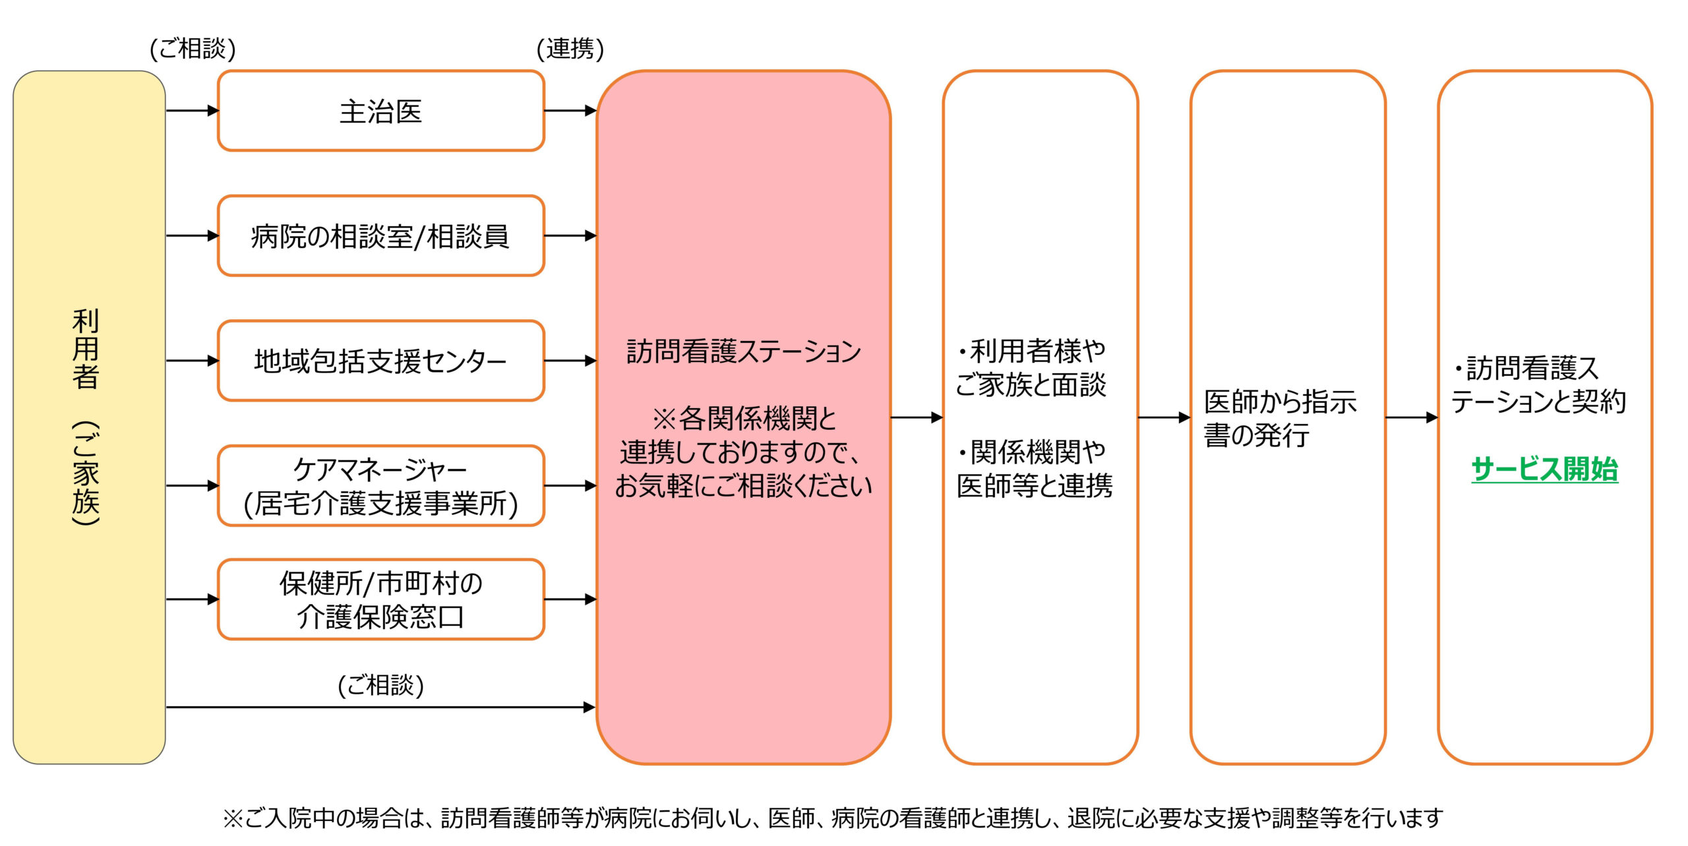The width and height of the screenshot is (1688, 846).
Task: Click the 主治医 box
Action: pyautogui.click(x=380, y=111)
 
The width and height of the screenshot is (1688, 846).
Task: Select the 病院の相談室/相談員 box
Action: pyautogui.click(x=380, y=235)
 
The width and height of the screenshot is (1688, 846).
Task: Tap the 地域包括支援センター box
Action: pyautogui.click(x=380, y=361)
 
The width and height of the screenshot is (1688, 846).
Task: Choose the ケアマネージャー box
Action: pyautogui.click(x=380, y=486)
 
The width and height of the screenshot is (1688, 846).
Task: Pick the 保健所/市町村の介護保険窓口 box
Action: pyautogui.click(x=380, y=599)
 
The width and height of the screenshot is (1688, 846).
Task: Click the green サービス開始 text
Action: pyautogui.click(x=1544, y=469)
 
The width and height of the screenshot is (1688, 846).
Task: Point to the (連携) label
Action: pyautogui.click(x=570, y=48)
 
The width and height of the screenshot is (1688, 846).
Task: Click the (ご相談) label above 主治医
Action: pyautogui.click(x=193, y=48)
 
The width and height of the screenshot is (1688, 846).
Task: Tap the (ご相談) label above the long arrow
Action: pyautogui.click(x=380, y=684)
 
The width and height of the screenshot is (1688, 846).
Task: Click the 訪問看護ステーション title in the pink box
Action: pyautogui.click(x=743, y=351)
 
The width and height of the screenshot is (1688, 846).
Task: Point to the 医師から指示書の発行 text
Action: pyautogui.click(x=1280, y=418)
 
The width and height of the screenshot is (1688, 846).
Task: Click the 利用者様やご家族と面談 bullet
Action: pyautogui.click(x=1032, y=367)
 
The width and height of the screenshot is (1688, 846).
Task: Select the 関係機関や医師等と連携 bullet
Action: pyautogui.click(x=1034, y=469)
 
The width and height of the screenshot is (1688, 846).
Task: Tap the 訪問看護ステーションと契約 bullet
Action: pyautogui.click(x=1538, y=384)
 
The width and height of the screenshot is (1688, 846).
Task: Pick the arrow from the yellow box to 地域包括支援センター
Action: pyautogui.click(x=192, y=361)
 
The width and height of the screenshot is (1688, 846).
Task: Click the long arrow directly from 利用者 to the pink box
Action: pyautogui.click(x=380, y=707)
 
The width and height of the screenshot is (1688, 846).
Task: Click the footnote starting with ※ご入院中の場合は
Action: pyautogui.click(x=832, y=818)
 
